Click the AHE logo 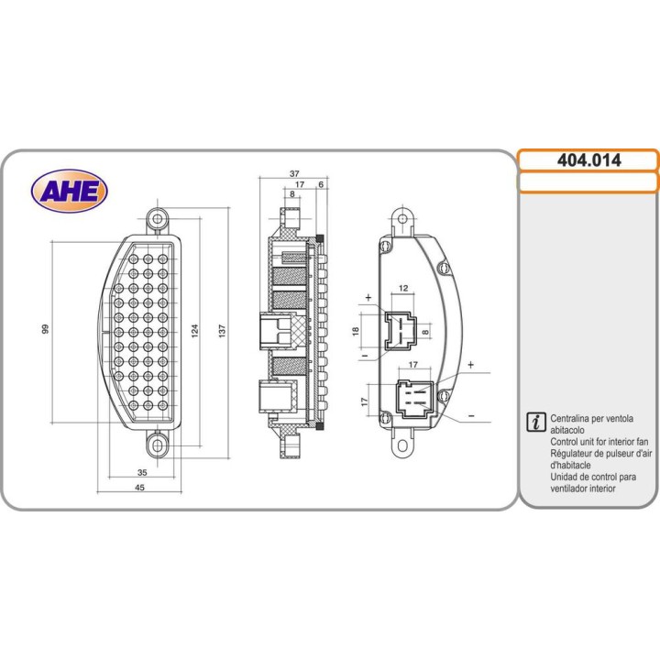70,191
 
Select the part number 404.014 588,160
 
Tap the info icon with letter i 535,421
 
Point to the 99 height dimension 45,328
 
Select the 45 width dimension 140,488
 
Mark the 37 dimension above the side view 292,173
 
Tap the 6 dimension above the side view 321,184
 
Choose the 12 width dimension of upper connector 403,289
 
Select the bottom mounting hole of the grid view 158,445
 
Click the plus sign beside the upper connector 368,298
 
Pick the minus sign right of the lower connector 470,415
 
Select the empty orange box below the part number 588,182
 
